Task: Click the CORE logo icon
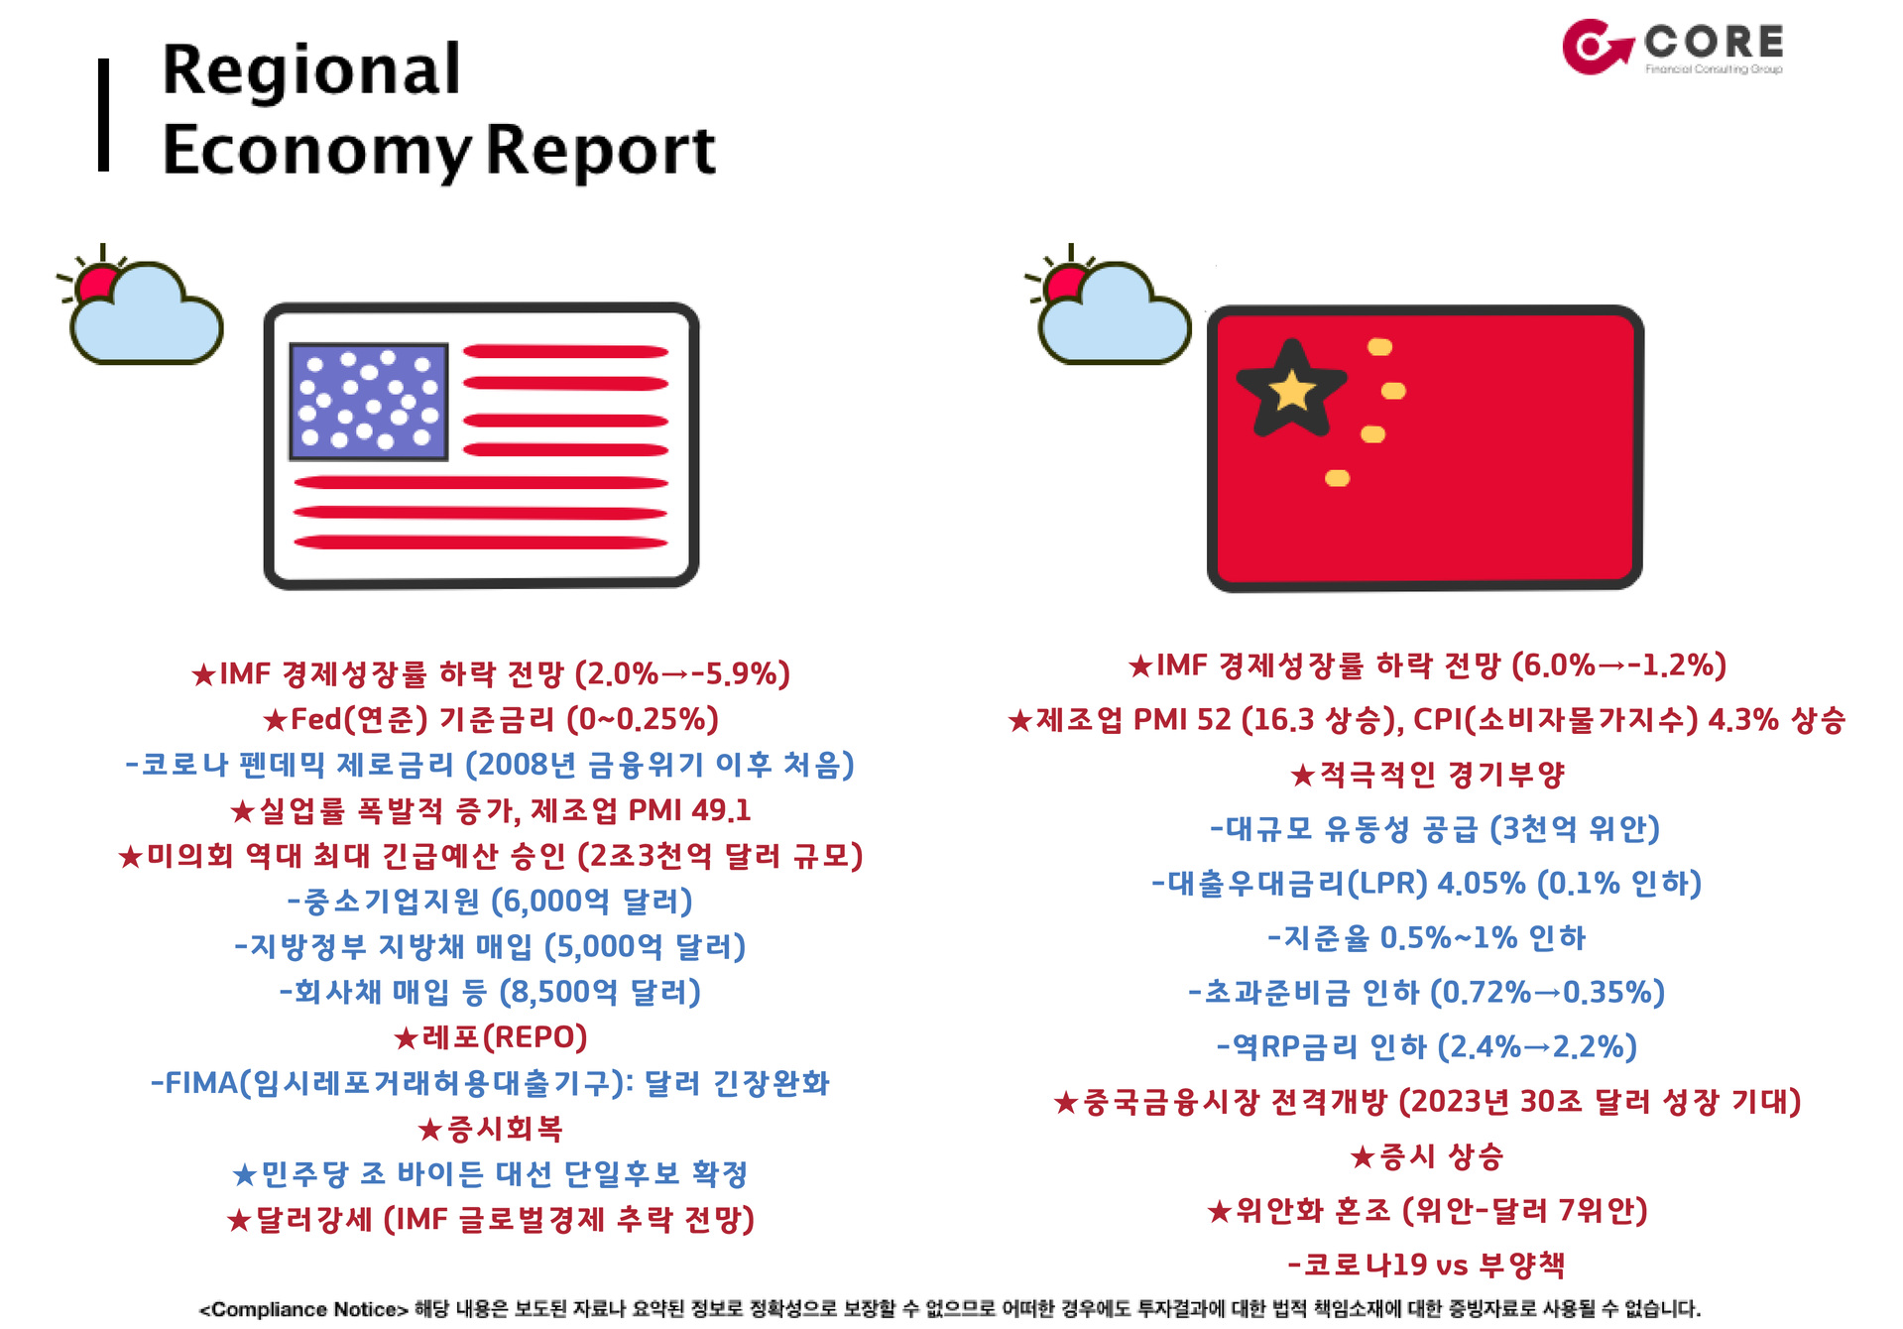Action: coord(1597,46)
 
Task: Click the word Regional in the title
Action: coord(311,71)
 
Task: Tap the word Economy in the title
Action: coord(317,152)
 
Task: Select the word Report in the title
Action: coord(601,150)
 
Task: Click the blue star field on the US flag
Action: coord(369,402)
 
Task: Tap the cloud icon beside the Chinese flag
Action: coord(1111,307)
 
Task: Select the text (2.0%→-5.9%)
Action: coord(682,674)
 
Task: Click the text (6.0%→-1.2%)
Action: coord(1618,664)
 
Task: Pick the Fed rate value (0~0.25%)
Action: coord(643,719)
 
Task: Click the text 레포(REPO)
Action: coord(490,1037)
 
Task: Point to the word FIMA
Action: coord(194,1083)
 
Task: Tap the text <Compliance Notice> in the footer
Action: coord(303,1309)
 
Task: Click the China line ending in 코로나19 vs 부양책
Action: coord(1426,1265)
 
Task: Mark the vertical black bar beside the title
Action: coord(103,115)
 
